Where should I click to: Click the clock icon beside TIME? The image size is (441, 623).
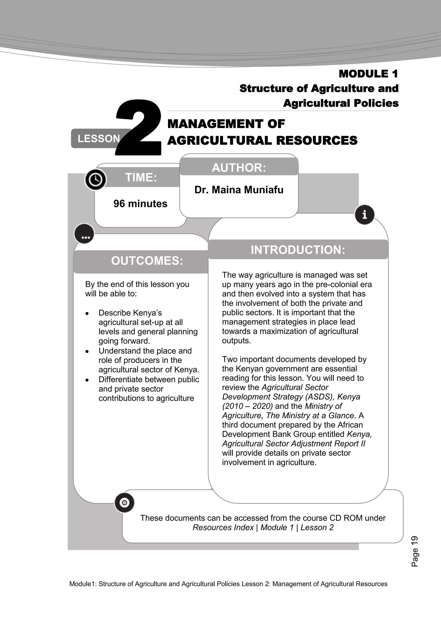tap(95, 179)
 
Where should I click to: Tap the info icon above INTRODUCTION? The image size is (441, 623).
tap(364, 215)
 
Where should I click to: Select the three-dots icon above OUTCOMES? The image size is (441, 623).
tap(84, 234)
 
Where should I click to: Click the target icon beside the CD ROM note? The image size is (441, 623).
tap(124, 503)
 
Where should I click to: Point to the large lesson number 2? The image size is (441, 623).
tap(139, 128)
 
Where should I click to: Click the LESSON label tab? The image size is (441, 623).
tap(98, 139)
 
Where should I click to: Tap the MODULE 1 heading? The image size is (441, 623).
tap(368, 74)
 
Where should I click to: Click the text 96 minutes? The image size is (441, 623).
tap(140, 204)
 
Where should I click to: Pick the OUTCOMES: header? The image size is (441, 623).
tap(147, 261)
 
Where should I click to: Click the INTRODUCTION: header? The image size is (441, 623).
tap(298, 250)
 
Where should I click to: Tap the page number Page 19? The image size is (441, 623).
tap(415, 551)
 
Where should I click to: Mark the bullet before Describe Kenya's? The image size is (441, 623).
tap(87, 313)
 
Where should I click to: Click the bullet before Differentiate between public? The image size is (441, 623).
tap(87, 380)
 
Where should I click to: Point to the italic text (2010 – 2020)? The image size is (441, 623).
tap(247, 406)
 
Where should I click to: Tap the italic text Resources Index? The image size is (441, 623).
tap(223, 527)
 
